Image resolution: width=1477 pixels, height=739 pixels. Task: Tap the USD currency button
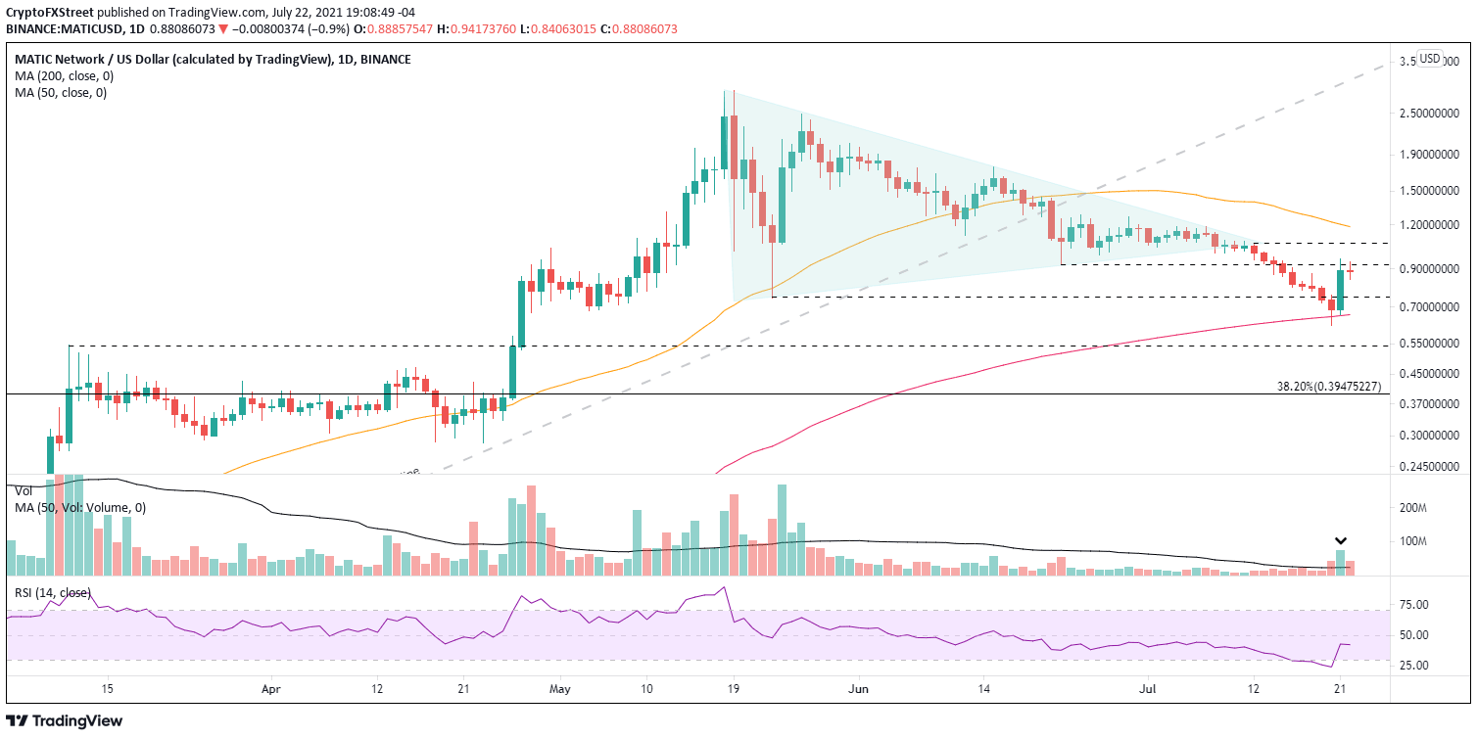1430,59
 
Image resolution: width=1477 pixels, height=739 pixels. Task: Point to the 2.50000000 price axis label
1428,114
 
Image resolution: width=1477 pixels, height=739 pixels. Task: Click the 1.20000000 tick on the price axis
1428,225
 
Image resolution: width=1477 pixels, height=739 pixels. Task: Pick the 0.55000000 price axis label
1428,344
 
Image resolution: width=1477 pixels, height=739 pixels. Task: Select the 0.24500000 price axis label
1428,467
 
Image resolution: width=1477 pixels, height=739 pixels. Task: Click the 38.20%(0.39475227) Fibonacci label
1329,387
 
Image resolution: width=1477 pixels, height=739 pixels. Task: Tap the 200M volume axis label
1415,508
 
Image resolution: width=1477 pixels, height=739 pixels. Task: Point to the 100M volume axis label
1415,541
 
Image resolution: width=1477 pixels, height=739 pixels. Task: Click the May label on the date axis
560,687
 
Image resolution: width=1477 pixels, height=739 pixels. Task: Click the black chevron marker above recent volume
1341,540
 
